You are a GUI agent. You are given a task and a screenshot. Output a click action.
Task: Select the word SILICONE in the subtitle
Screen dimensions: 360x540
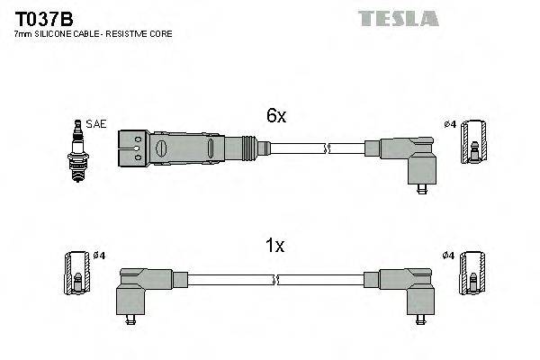(56, 33)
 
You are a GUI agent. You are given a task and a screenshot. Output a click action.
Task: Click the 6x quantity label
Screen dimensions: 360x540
(275, 116)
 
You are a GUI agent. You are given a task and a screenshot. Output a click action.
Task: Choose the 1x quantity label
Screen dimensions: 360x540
(274, 245)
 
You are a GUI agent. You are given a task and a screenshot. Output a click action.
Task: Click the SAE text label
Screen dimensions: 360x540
(94, 123)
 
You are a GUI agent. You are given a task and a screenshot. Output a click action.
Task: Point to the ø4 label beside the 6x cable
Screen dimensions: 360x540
(450, 123)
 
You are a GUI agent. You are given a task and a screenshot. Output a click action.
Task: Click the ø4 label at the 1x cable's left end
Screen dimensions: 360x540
(99, 256)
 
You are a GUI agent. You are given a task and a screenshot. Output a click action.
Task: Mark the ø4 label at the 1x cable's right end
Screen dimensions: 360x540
(448, 256)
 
